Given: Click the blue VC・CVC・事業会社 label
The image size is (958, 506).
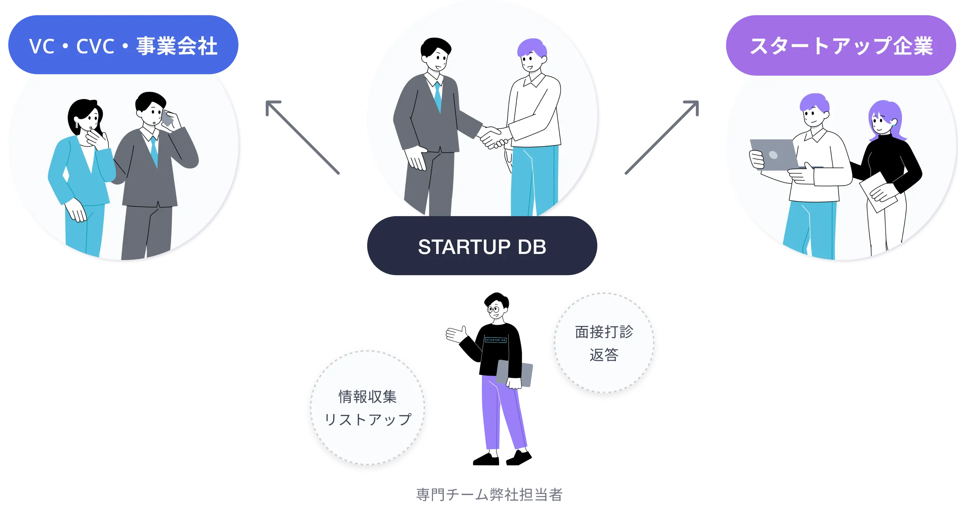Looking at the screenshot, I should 123,45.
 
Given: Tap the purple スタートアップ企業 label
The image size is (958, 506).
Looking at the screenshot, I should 840,45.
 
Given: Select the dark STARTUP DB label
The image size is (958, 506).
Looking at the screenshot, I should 482,246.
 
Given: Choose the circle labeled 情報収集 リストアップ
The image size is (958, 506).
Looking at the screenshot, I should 368,407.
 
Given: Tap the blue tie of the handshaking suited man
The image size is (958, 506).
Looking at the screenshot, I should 438,97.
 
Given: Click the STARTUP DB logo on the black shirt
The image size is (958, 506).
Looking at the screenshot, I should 496,340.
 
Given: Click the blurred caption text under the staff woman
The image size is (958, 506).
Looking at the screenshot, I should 489,494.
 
